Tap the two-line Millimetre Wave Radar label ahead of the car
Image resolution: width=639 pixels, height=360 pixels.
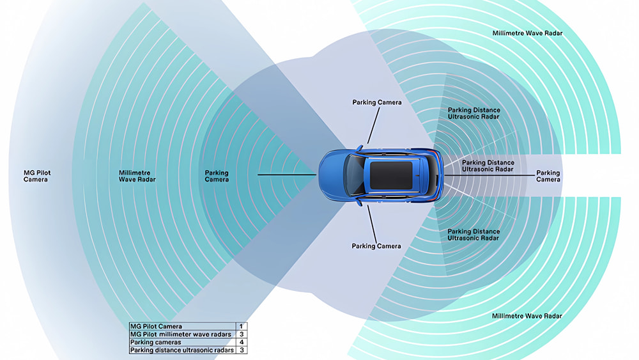[137, 176]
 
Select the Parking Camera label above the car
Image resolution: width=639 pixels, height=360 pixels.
[376, 102]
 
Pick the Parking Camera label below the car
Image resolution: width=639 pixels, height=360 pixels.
[376, 246]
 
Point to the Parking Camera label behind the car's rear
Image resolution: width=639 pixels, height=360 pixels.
[548, 176]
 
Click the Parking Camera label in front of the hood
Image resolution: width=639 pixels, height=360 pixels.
[217, 176]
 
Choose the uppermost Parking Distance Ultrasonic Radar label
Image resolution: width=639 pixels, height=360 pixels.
[473, 114]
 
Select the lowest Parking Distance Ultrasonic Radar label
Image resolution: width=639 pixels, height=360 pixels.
[473, 235]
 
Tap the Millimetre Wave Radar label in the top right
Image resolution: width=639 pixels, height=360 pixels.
[527, 33]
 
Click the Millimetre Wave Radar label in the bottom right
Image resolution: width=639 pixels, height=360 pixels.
[527, 316]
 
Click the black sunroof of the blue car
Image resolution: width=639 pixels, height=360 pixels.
[392, 174]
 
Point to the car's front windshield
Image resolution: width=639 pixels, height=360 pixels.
[353, 174]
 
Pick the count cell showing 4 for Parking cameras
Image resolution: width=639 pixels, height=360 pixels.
[242, 342]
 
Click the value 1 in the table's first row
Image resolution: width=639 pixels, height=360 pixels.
[242, 326]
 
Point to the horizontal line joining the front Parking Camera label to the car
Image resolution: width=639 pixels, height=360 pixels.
[288, 174]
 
